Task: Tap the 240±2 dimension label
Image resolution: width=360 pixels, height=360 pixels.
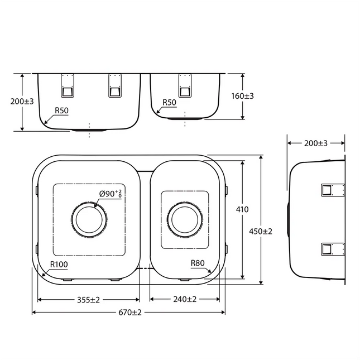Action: tap(184, 299)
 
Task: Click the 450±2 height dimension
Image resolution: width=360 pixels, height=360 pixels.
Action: tap(261, 231)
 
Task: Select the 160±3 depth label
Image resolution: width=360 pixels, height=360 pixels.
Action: tap(242, 96)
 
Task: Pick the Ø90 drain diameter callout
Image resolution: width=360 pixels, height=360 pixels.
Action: tap(111, 194)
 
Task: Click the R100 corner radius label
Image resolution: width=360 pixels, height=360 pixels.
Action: tap(59, 265)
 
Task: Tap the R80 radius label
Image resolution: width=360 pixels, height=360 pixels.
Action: tap(198, 263)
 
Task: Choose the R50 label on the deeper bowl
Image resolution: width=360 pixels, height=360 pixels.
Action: tap(61, 111)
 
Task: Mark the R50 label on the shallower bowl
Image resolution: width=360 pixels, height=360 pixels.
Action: tap(169, 103)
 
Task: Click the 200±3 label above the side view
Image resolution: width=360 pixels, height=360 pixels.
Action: tap(316, 143)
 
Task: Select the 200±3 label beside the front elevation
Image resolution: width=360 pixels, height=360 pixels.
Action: tap(22, 102)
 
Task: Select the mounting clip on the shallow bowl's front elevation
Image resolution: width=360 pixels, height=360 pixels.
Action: tap(185, 85)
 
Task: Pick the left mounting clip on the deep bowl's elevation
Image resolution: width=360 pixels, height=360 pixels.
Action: tap(67, 85)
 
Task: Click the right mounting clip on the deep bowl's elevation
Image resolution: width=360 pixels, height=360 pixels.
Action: tap(115, 85)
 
